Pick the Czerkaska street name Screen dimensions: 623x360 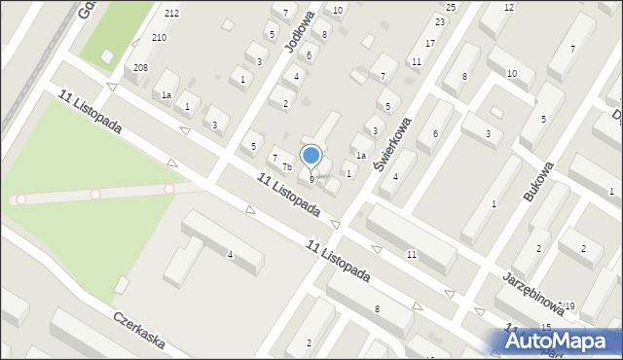tap(137, 332)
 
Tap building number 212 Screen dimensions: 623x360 tap(171, 13)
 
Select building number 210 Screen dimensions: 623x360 tap(158, 37)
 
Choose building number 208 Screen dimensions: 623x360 tap(141, 67)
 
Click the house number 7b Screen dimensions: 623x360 tap(287, 166)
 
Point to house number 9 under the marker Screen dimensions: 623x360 tap(311, 179)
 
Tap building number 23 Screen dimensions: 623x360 tap(440, 21)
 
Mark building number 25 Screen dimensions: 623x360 tap(451, 7)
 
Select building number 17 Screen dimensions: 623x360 tap(430, 44)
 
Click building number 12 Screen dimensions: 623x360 tap(509, 7)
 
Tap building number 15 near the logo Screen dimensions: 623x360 tap(546, 326)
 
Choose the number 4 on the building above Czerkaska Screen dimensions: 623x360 tap(230, 255)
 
